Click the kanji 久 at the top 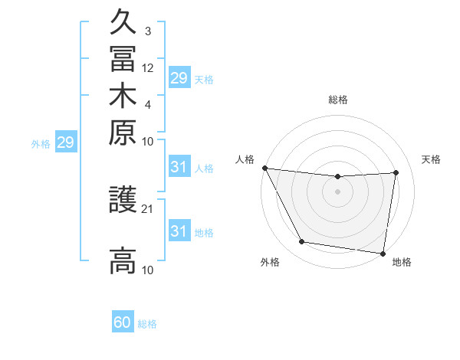point(123,21)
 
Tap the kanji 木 point(123,95)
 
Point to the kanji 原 point(123,131)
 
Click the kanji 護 point(123,201)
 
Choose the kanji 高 point(123,260)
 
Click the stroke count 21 point(148,208)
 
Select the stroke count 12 point(148,67)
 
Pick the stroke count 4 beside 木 point(148,104)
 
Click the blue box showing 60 point(123,322)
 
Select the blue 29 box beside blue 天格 point(179,78)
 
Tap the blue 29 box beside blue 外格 point(66,142)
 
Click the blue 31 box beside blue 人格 point(179,168)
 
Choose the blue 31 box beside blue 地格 point(179,231)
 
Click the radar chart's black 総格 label point(337,100)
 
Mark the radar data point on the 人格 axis point(264,168)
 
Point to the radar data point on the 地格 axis point(383,253)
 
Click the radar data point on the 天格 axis point(396,172)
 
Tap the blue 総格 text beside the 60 point(147,324)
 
